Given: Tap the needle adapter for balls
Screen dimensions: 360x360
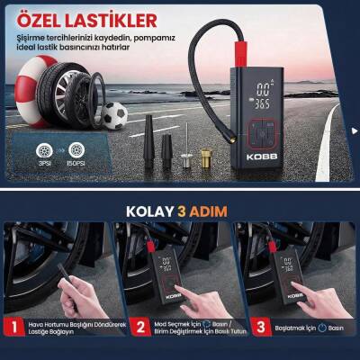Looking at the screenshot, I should point(184,153).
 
